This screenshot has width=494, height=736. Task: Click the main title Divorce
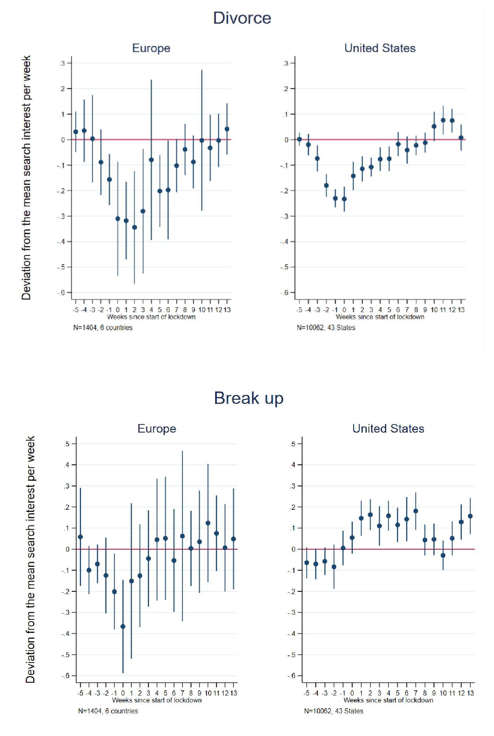(x=242, y=18)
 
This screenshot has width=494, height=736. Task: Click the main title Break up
(x=249, y=398)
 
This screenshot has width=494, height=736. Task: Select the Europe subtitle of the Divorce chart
(x=151, y=48)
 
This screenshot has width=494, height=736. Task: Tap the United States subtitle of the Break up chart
(x=388, y=429)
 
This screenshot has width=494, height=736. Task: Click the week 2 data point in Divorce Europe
(x=134, y=227)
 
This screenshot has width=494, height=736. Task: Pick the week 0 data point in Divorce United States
(x=344, y=199)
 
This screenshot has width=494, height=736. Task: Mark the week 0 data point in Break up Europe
(x=123, y=627)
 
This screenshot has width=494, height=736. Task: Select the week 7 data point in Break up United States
(x=416, y=511)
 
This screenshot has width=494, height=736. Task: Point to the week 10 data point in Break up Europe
(x=208, y=523)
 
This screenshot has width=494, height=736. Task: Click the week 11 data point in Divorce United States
(x=443, y=120)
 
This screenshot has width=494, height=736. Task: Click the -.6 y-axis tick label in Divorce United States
(x=284, y=292)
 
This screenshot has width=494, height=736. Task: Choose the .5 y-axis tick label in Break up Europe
(x=66, y=444)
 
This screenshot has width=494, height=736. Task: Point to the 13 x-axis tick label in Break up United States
(x=470, y=693)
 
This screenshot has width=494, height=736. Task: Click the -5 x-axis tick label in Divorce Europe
(x=75, y=310)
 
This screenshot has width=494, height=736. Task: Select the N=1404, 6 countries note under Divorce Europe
(x=103, y=328)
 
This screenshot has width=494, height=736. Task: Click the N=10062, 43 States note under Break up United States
(x=333, y=711)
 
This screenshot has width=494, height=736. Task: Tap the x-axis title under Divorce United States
(x=380, y=317)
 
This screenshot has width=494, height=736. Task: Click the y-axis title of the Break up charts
(x=30, y=559)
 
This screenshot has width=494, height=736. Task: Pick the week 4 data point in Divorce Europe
(x=151, y=160)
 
